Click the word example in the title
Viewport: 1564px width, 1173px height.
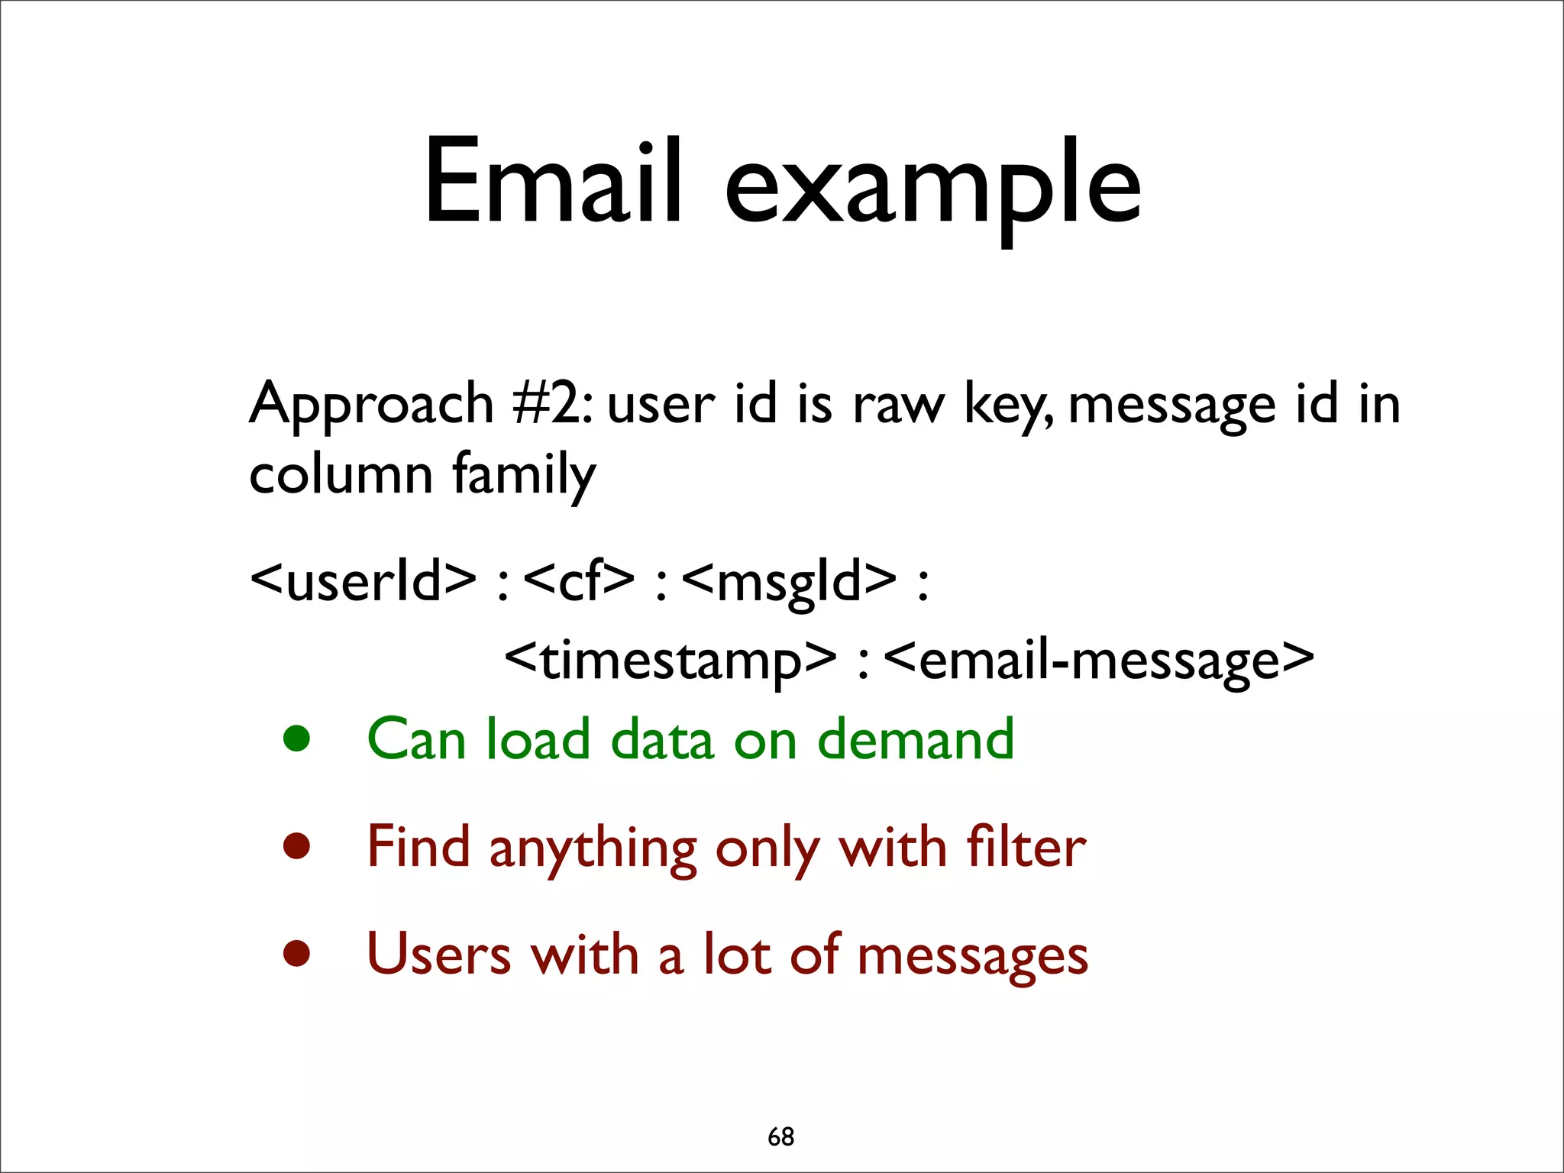932,187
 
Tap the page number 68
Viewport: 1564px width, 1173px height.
780,1136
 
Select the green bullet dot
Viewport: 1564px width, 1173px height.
296,738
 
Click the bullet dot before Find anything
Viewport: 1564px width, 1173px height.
296,846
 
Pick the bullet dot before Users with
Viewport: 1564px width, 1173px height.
296,954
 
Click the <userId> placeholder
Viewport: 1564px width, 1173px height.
364,580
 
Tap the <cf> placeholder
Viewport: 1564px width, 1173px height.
580,580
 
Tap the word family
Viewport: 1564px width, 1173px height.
524,476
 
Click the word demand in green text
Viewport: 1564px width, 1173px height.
916,738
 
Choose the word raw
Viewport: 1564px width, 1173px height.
898,405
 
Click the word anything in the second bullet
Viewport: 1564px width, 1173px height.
593,850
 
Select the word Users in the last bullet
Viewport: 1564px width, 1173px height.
438,954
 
